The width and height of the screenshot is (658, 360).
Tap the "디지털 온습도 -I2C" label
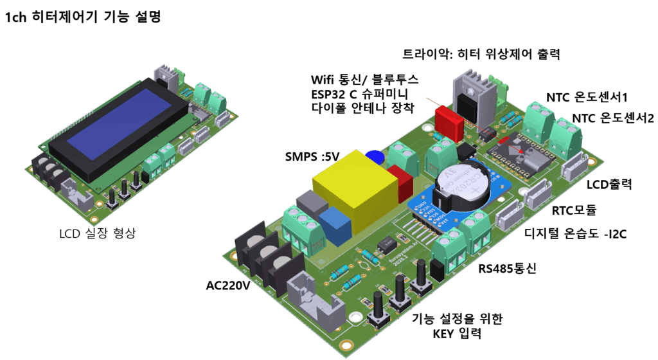pyautogui.click(x=576, y=234)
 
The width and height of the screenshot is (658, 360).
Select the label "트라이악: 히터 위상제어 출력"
pyautogui.click(x=481, y=55)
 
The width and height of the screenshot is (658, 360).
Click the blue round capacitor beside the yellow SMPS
pyautogui.click(x=375, y=157)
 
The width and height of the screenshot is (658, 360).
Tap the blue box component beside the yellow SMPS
pyautogui.click(x=334, y=224)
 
